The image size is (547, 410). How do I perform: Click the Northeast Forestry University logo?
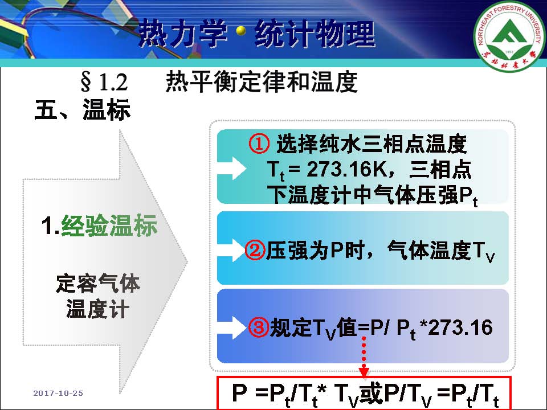[509, 35]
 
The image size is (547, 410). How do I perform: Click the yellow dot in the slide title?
[240, 31]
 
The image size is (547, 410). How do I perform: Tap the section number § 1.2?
[104, 82]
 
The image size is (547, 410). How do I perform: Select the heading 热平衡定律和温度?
[262, 82]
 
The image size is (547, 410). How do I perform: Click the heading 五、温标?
[82, 109]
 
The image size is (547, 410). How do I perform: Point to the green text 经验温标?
[109, 225]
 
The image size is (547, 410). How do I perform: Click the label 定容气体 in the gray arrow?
[97, 283]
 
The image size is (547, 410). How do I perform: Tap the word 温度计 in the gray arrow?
[97, 309]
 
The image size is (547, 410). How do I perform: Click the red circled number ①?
[259, 144]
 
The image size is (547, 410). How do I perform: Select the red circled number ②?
[255, 250]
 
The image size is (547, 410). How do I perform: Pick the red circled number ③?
[259, 327]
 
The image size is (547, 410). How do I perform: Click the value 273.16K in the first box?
[347, 169]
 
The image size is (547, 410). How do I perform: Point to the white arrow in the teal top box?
[232, 169]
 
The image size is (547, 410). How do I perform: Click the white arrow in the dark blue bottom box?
[232, 328]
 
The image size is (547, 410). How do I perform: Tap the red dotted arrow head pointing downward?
[364, 371]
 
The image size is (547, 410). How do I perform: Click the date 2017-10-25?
[58, 393]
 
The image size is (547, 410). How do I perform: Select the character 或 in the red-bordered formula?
[371, 393]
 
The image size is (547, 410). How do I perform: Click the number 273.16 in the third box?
[460, 327]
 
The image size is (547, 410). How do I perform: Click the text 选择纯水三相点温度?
[372, 144]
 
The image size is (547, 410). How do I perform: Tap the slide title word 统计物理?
[315, 34]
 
